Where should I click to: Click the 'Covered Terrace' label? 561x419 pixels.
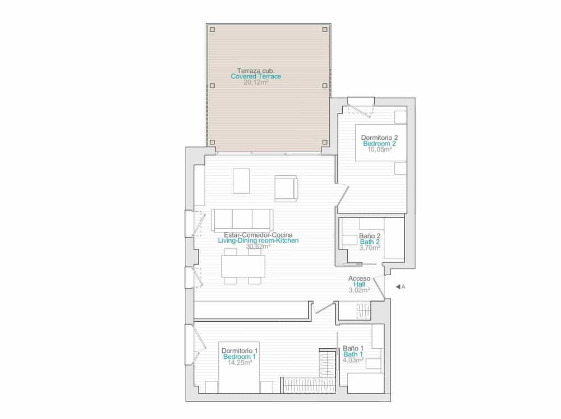256,76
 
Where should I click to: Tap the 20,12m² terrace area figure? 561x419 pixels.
256,83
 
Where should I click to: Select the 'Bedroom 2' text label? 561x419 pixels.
380,144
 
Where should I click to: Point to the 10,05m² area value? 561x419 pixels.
380,150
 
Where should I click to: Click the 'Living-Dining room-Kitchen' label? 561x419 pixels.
258,240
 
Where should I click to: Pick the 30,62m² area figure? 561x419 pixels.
258,246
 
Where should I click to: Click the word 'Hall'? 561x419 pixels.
359,284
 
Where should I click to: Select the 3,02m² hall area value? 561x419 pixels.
359,290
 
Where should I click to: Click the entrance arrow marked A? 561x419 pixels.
398,286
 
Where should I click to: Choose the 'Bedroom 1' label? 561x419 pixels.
240,357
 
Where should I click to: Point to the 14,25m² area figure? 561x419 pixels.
240,363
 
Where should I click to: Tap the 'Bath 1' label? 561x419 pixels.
353,354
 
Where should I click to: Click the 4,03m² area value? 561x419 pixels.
353,361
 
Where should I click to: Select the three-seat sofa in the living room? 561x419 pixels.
242,220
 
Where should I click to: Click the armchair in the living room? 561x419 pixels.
286,188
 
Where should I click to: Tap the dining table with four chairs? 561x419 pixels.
243,266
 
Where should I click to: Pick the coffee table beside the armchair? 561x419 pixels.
242,180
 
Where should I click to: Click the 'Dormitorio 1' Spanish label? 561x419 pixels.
240,350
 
